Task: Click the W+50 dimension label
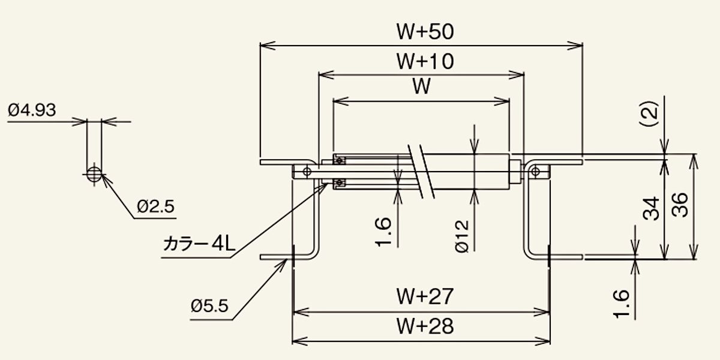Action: click(x=425, y=31)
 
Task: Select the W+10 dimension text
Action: click(x=425, y=61)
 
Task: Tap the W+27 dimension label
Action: click(x=425, y=296)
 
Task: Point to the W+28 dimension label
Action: click(x=425, y=326)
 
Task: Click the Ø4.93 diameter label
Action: click(x=32, y=110)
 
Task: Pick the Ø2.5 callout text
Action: click(x=155, y=206)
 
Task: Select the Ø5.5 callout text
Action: click(x=209, y=305)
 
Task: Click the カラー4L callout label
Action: click(x=199, y=244)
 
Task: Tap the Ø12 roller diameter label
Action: click(x=462, y=236)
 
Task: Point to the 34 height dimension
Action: click(x=651, y=209)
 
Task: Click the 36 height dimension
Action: click(x=680, y=205)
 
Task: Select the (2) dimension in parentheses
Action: click(x=650, y=114)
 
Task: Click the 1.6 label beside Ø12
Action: click(x=383, y=232)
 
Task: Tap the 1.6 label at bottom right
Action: click(x=621, y=304)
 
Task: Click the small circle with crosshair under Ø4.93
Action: click(x=94, y=175)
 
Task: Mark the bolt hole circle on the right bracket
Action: click(x=535, y=172)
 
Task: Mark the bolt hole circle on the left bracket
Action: click(x=307, y=172)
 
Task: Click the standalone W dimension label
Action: click(x=421, y=86)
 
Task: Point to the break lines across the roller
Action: click(x=421, y=172)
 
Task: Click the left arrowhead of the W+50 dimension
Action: click(x=268, y=46)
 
